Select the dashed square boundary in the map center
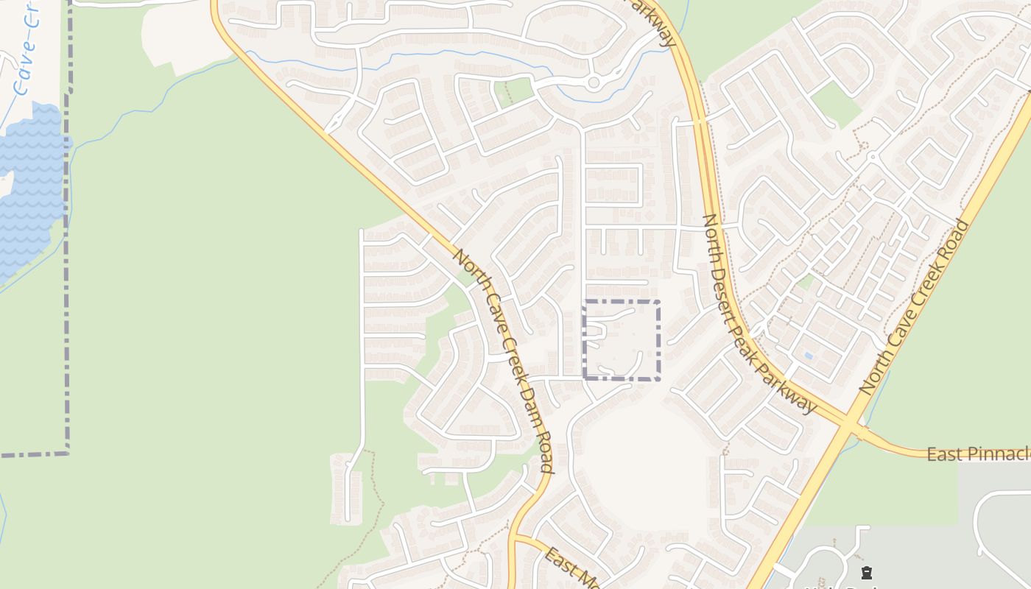pyautogui.click(x=622, y=340)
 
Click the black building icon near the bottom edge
pyautogui.click(x=867, y=573)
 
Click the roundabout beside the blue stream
pyautogui.click(x=594, y=83)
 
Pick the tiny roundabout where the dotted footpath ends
pyautogui.click(x=872, y=157)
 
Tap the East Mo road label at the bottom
pyautogui.click(x=571, y=568)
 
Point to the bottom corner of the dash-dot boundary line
pyautogui.click(x=68, y=452)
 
